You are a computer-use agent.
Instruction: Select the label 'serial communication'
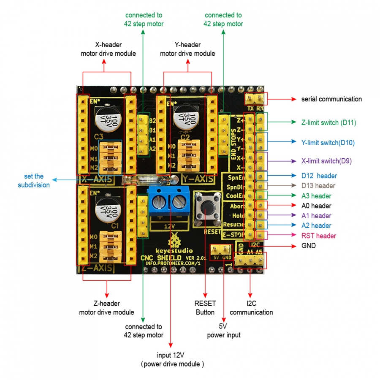331,99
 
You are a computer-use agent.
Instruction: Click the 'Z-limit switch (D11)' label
328,123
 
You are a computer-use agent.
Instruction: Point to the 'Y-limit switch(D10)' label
328,143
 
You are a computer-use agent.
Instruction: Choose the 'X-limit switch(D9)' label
326,161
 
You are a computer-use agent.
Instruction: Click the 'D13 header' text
318,186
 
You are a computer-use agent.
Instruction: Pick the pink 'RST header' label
319,236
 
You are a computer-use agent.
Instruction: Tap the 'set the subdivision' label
34,181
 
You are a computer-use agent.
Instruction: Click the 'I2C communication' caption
251,308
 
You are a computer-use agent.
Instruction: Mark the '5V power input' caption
223,331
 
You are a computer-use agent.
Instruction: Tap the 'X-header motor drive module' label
109,49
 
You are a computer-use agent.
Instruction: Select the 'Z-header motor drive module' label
106,308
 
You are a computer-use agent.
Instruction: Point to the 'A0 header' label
316,206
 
